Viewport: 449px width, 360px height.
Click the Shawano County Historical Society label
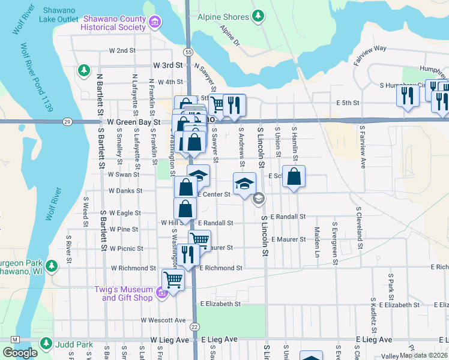click(x=117, y=23)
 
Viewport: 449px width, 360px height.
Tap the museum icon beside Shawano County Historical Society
click(x=155, y=23)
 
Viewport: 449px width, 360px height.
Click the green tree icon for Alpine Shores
click(x=258, y=15)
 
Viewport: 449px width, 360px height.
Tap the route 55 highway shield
click(x=188, y=52)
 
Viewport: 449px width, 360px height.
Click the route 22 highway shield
click(x=194, y=326)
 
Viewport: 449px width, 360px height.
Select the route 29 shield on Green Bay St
click(x=67, y=121)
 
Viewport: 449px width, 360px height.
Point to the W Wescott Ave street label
click(x=163, y=320)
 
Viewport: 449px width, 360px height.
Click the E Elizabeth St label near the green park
click(x=220, y=304)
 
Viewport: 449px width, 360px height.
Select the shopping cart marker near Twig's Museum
click(x=173, y=280)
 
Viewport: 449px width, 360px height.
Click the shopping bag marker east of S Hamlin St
click(x=294, y=177)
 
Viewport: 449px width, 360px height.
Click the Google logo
click(x=20, y=353)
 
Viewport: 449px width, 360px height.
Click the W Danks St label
click(x=125, y=191)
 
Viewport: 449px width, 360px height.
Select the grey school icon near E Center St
click(x=259, y=198)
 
